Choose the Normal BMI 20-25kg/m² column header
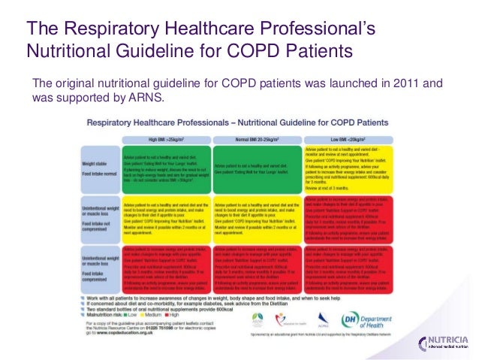click(258, 139)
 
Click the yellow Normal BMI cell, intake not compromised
click(258, 219)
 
